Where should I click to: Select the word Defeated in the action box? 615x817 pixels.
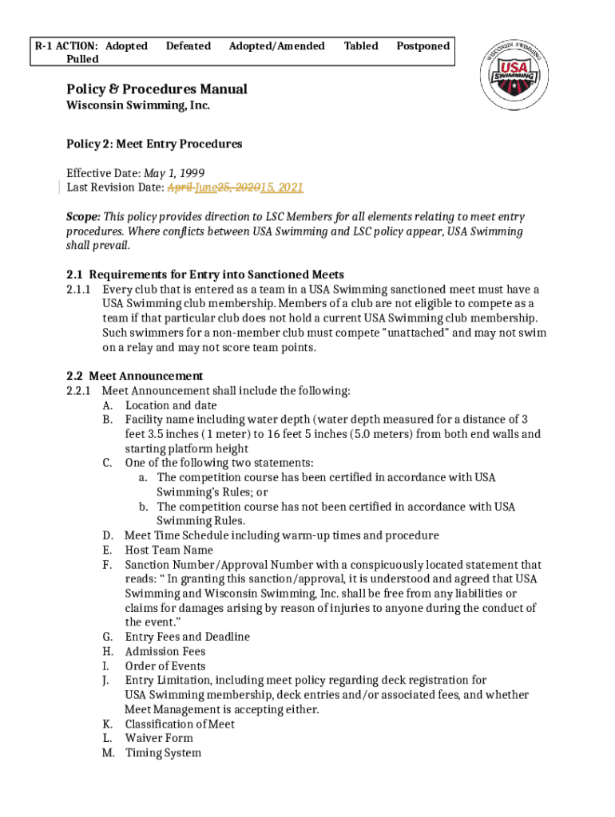188,46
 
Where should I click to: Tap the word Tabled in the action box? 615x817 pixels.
361,46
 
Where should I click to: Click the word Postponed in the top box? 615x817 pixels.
423,46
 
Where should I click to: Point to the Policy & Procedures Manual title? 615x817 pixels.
157,89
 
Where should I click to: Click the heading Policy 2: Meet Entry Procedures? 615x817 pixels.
154,144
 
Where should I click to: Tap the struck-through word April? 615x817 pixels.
180,188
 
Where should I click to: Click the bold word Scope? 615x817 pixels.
83,217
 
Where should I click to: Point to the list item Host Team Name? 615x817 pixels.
169,550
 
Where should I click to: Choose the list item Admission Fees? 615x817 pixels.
165,652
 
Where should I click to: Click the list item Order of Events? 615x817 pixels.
165,666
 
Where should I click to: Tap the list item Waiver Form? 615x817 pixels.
159,738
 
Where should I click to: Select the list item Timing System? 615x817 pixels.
163,753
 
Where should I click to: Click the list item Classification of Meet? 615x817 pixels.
180,724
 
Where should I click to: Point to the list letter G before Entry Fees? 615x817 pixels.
107,637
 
